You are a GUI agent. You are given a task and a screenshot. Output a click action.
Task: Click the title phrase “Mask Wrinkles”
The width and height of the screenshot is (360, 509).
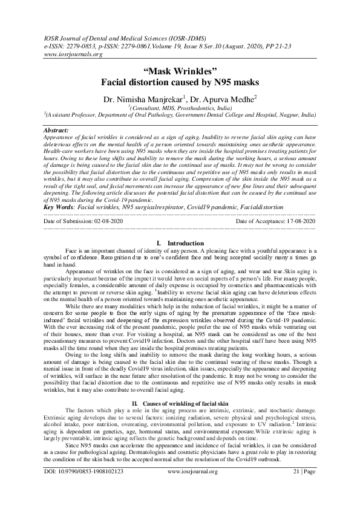(180, 71)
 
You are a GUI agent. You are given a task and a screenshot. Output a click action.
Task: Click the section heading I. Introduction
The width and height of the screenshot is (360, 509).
(180, 243)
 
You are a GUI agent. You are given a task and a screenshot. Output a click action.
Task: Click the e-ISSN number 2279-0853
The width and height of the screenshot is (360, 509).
(86, 45)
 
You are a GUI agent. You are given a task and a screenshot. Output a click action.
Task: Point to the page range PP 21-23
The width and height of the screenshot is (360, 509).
(296, 45)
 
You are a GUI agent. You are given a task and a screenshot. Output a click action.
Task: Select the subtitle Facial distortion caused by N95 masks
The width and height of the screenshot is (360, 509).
(180, 82)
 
